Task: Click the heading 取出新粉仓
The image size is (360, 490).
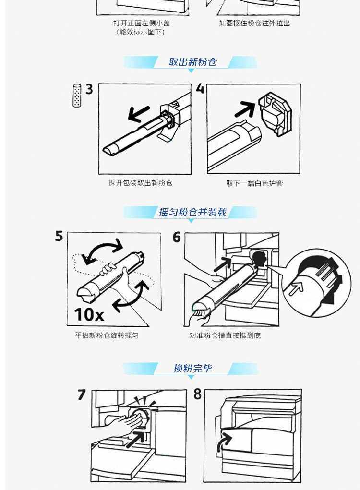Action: click(x=192, y=62)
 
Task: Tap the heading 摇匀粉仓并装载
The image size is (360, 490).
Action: click(x=192, y=212)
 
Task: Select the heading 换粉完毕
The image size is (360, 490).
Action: click(x=192, y=368)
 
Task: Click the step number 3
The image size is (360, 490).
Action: click(x=89, y=89)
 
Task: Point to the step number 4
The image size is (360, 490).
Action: click(x=200, y=88)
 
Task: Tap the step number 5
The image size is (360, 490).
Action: click(x=59, y=236)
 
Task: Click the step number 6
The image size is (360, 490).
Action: click(x=177, y=237)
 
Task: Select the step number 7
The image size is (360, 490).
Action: click(x=82, y=394)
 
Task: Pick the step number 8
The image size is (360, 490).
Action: click(x=197, y=394)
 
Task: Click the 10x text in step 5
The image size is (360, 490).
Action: click(x=89, y=314)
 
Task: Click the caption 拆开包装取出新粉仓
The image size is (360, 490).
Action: click(x=140, y=183)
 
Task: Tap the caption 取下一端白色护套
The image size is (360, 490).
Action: click(x=254, y=183)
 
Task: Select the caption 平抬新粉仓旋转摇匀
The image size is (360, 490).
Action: click(x=107, y=335)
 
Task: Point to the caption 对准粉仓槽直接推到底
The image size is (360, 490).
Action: click(x=225, y=335)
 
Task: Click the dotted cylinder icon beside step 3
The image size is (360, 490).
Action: click(x=77, y=96)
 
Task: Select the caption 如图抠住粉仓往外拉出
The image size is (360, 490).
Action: click(x=254, y=23)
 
